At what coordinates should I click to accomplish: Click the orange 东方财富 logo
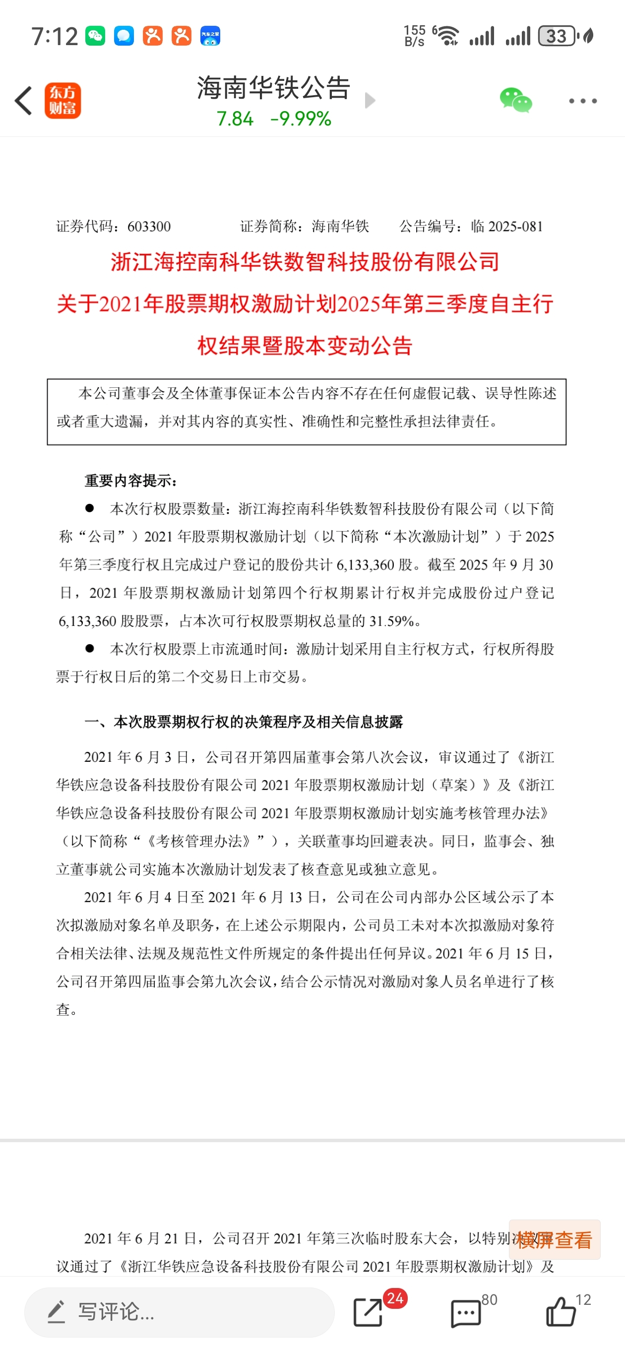coord(62,101)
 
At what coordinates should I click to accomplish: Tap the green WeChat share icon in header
coord(515,101)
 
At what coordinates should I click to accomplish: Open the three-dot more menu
coord(582,101)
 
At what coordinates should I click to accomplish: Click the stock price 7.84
coord(235,119)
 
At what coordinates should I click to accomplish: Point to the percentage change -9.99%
coord(301,119)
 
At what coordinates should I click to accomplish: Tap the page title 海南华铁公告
coord(273,87)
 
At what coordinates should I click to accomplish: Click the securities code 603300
coord(149,226)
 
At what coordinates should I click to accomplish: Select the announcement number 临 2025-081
coord(506,226)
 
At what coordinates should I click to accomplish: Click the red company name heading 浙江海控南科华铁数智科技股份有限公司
coord(305,262)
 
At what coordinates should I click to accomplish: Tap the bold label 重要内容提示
coord(131,481)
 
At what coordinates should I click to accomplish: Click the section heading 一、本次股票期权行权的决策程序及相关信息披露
coord(244,722)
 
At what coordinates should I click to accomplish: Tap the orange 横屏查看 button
coord(554,1239)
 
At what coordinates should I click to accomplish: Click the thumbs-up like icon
coord(561,1312)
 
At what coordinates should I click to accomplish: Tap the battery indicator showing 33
coord(557,36)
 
